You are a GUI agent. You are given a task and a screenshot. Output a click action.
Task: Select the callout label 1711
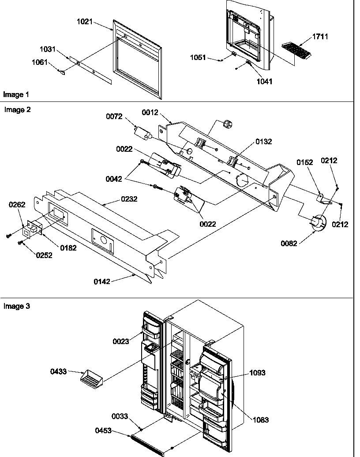(320, 37)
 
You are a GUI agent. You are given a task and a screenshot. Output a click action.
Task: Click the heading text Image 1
(16, 94)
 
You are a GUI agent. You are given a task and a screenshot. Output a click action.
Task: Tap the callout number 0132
(264, 142)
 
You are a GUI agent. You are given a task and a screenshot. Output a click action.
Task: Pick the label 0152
(304, 162)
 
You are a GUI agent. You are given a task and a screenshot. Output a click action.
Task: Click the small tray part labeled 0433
(91, 378)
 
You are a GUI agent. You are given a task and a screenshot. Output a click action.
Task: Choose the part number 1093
(257, 373)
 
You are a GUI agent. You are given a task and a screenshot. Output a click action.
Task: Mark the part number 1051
(198, 58)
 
